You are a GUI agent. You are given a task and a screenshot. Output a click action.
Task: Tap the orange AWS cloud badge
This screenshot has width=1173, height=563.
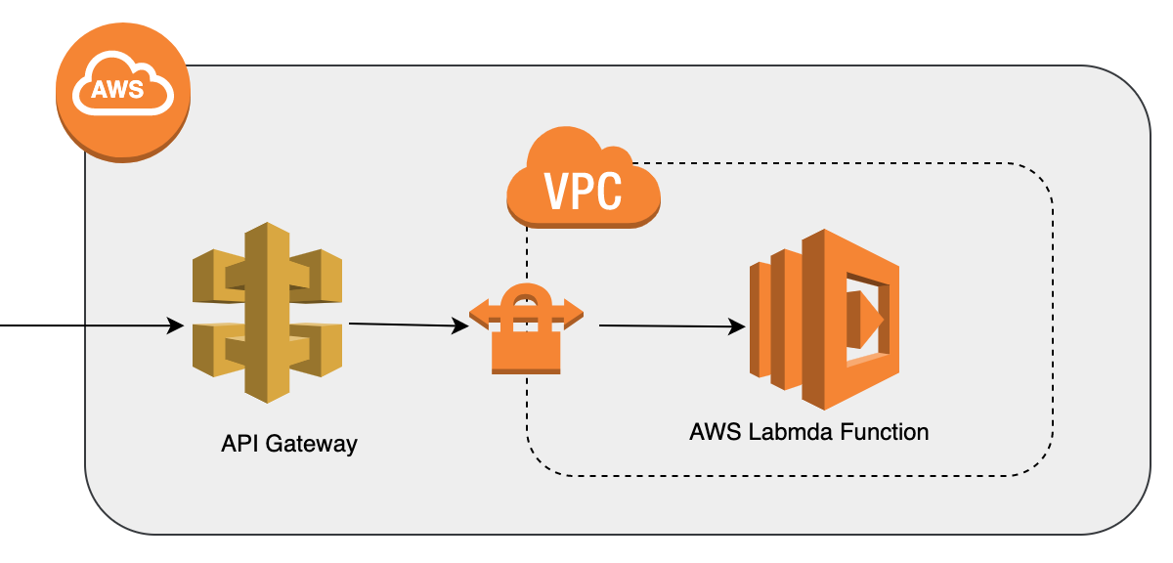tap(122, 93)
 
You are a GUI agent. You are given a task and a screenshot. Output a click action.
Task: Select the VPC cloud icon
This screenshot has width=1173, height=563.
tap(584, 182)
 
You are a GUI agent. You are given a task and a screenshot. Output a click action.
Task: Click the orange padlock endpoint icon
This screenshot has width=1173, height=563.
tap(526, 332)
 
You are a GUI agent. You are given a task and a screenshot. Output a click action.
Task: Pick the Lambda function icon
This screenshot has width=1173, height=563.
tap(823, 319)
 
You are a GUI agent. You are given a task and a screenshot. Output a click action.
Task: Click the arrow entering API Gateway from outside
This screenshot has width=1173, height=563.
tap(88, 325)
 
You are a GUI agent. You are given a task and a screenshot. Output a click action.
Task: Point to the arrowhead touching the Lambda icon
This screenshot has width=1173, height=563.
tap(735, 327)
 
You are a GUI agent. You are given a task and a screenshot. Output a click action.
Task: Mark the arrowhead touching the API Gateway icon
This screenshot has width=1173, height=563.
tap(176, 325)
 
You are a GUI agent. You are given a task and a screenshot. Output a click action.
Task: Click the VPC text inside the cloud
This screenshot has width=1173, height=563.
tap(584, 192)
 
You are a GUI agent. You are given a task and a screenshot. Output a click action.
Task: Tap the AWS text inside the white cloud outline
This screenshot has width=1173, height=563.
tap(116, 90)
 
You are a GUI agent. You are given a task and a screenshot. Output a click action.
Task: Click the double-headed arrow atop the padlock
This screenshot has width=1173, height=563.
tap(526, 314)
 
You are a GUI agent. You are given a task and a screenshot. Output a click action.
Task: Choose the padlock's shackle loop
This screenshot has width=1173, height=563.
tap(526, 303)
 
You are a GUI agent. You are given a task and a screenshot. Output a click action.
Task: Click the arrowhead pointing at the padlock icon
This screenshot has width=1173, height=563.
tap(460, 327)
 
